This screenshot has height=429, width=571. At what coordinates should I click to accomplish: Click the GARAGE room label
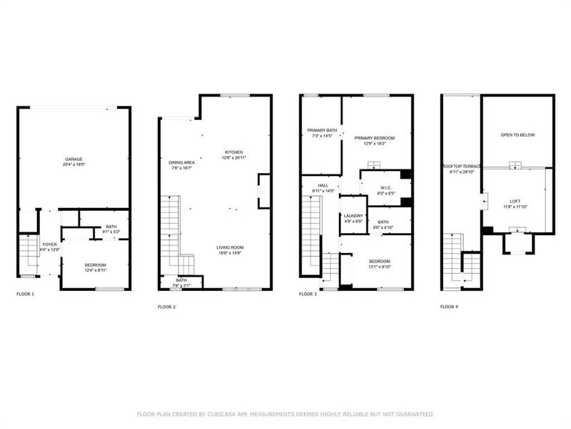74,159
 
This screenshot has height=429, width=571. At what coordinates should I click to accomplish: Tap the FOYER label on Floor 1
49,244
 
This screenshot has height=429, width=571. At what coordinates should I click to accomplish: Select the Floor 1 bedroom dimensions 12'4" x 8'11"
95,270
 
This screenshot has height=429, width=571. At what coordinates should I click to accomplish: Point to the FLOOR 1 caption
25,294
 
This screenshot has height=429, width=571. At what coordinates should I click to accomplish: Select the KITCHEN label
234,152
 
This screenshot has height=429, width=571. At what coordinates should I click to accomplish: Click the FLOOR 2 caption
166,307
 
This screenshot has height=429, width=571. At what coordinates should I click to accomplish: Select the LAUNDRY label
353,215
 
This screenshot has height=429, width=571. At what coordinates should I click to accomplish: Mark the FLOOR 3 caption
307,294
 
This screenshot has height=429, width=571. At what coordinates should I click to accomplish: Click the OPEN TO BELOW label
517,134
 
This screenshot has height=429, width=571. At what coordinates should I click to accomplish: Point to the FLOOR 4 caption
449,307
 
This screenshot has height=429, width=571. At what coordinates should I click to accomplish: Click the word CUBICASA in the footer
262,414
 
